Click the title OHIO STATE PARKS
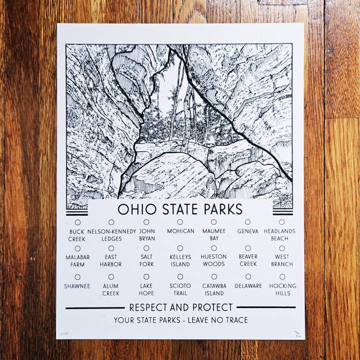tap(180, 208)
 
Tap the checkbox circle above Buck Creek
tap(77, 222)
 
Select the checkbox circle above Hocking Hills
tap(282, 276)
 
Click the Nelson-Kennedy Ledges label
tap(111, 235)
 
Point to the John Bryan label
tap(146, 235)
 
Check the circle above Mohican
tap(180, 222)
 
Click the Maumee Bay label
tap(213, 235)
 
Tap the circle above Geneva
tap(247, 222)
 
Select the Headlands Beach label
tap(279, 235)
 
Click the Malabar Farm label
tap(77, 260)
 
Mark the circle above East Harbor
tap(111, 248)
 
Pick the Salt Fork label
tap(146, 260)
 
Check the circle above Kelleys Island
tap(180, 248)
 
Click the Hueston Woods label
tap(213, 260)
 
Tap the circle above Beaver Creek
tap(248, 248)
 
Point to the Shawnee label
tap(77, 286)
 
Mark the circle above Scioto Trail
tap(180, 276)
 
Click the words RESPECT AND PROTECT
tap(181, 307)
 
